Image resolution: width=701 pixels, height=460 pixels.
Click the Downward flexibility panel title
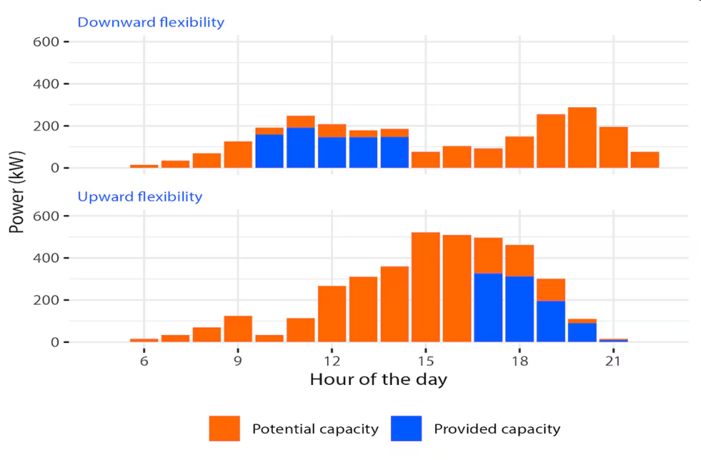coord(151,22)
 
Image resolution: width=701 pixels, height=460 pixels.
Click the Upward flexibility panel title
coord(139,196)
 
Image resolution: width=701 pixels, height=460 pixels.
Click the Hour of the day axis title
coord(378,380)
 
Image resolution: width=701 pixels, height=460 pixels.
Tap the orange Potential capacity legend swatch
coord(224,428)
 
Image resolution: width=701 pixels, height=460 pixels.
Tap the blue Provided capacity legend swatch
coord(407,428)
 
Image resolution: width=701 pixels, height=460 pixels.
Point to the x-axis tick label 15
coord(426,360)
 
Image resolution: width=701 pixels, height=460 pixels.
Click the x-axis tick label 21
coord(613,360)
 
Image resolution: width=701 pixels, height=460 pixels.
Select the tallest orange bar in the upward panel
coord(426,287)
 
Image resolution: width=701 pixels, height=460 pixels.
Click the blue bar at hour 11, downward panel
coord(300,148)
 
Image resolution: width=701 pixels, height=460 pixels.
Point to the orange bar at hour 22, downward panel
coord(644,160)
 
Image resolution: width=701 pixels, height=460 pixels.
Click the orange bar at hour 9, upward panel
coord(238,329)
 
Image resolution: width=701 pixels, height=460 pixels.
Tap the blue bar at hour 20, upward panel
coord(582,332)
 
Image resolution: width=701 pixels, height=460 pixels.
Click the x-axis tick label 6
coord(144,360)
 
